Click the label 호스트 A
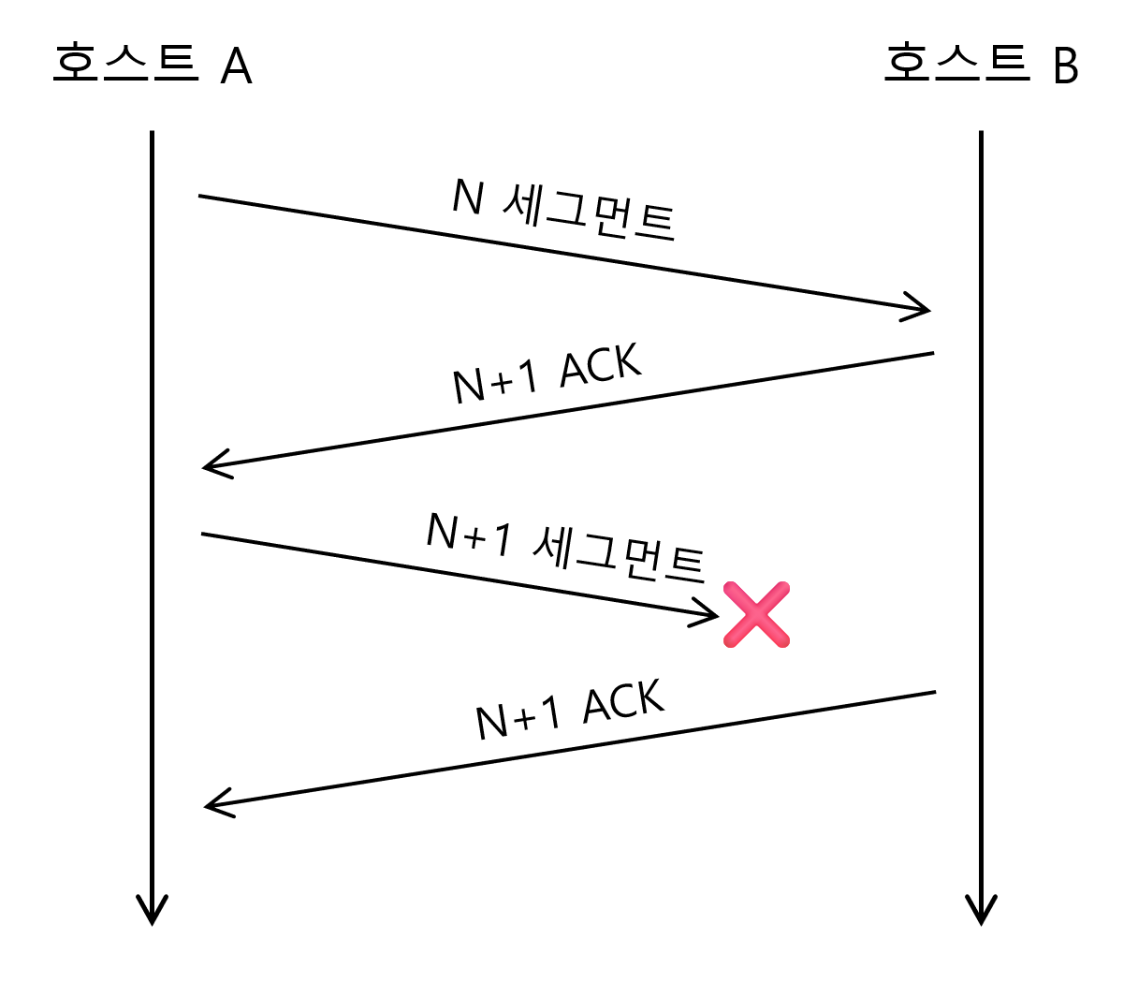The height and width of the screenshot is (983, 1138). click(152, 64)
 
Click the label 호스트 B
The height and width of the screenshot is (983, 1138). click(981, 64)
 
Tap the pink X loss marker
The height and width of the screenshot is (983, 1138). click(756, 614)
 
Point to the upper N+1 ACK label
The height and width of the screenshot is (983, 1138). click(547, 374)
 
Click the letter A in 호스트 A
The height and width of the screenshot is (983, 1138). click(236, 66)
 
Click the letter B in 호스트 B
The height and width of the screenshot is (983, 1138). click(1065, 66)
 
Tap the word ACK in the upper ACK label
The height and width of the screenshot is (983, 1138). click(601, 364)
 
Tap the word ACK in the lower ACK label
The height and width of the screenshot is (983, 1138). click(623, 701)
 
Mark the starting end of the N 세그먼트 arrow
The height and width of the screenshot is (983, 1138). click(200, 197)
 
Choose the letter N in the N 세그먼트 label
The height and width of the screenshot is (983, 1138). click(467, 197)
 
